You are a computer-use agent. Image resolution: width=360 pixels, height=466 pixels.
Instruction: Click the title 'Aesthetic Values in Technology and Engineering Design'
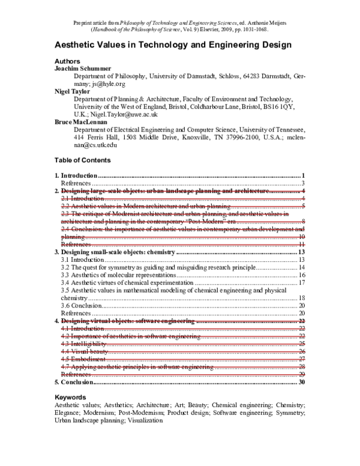(173, 44)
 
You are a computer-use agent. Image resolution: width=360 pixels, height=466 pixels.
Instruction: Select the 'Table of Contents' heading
(82, 160)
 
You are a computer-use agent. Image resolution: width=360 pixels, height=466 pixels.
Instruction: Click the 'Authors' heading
(67, 61)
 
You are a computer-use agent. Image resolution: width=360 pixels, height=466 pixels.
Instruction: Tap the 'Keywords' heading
(70, 398)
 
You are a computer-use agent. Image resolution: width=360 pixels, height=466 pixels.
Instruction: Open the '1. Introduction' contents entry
(76, 175)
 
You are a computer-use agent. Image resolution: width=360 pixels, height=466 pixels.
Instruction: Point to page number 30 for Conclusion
(302, 382)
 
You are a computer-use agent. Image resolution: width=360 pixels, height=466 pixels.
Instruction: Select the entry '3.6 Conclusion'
(82, 306)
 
